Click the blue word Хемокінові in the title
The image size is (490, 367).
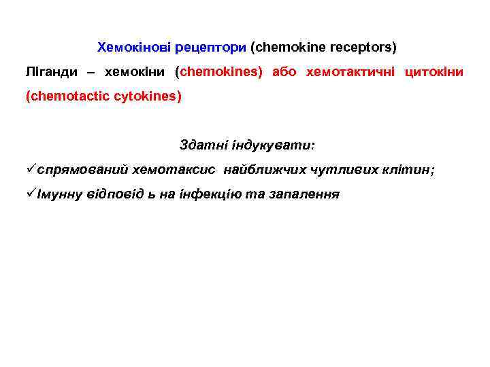pyautogui.click(x=134, y=48)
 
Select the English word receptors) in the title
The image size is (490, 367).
pyautogui.click(x=363, y=48)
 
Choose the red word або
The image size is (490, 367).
pyautogui.click(x=284, y=72)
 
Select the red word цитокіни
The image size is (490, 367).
pyautogui.click(x=434, y=72)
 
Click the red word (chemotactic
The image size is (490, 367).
pyautogui.click(x=62, y=97)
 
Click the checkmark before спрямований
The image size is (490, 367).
pyautogui.click(x=31, y=169)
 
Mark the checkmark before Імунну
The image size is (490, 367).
pyautogui.click(x=31, y=194)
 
